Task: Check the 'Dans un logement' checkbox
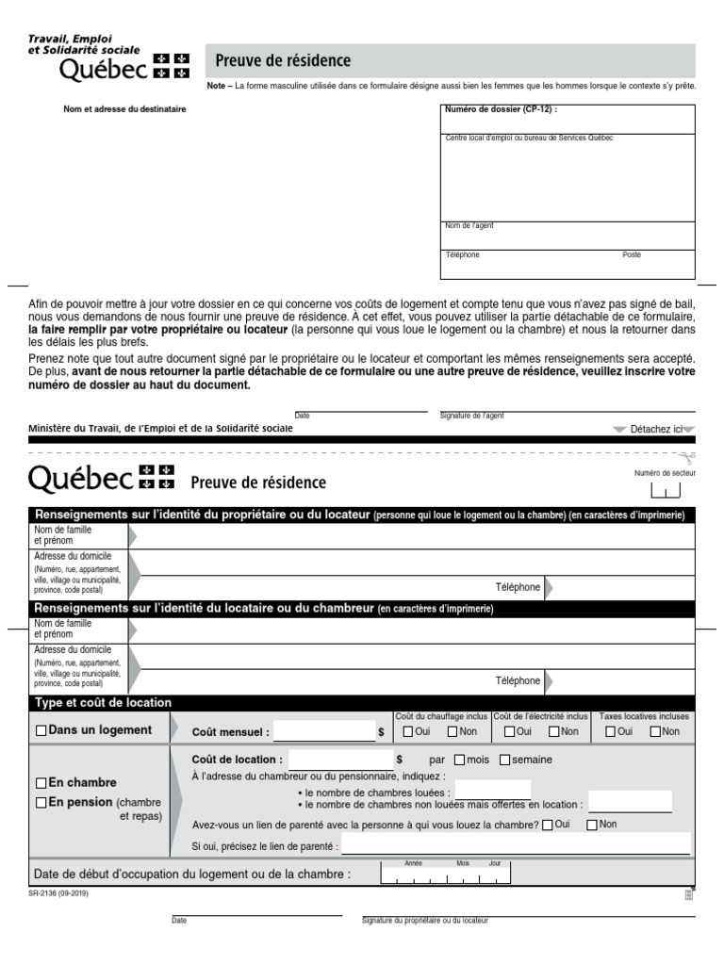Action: click(41, 730)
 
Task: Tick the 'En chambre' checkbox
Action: click(41, 783)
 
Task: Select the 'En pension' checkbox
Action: click(41, 803)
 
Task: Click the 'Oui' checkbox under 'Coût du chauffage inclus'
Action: click(407, 731)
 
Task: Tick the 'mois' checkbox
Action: click(459, 760)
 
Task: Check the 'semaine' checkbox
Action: click(504, 760)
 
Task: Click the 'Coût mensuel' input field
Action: click(322, 731)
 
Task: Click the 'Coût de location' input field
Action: click(340, 760)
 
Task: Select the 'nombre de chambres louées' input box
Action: click(492, 790)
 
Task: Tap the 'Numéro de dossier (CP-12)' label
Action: click(501, 109)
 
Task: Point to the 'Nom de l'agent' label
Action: click(469, 226)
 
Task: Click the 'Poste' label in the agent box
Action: click(632, 255)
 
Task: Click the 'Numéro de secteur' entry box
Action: click(665, 491)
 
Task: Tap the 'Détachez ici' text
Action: click(655, 429)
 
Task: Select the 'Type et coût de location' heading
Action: click(103, 703)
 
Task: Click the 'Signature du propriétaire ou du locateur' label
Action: click(425, 921)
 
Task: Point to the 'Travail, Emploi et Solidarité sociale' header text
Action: click(84, 43)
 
